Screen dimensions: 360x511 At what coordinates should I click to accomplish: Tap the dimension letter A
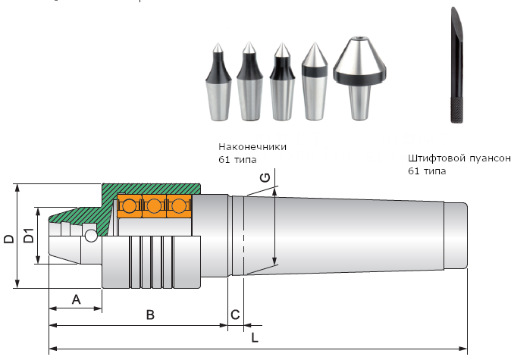[x=76, y=299]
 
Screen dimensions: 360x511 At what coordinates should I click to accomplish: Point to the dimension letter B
[x=150, y=315]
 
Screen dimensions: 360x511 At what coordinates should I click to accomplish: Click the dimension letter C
[x=235, y=315]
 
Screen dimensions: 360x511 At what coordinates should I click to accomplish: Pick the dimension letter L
[x=255, y=339]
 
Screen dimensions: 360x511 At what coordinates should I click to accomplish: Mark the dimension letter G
[x=264, y=177]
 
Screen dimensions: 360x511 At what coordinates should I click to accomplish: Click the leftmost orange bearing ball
[x=130, y=205]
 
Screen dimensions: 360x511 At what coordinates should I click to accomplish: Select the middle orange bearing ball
[x=155, y=205]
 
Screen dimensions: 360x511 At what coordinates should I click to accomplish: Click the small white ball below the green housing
[x=91, y=236]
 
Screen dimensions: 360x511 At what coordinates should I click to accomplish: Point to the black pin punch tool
[x=455, y=68]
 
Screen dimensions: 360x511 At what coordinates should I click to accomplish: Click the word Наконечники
[x=252, y=146]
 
